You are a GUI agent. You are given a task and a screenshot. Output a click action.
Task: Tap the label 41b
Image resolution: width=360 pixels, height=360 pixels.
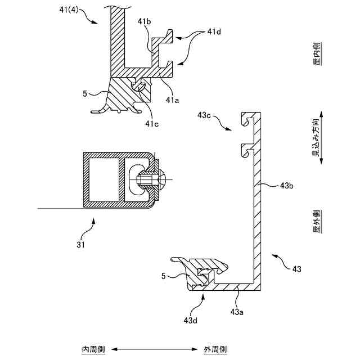pos(145,21)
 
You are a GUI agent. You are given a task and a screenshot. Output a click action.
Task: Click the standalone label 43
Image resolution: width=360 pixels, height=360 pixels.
pos(296,269)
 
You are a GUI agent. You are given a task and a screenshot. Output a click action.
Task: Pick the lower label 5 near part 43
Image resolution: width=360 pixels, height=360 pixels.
pos(164,276)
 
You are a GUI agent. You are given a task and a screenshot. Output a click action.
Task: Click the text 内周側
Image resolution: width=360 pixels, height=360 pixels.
pos(91,349)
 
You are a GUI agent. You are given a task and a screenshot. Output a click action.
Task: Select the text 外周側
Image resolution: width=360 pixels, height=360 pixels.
pos(216,349)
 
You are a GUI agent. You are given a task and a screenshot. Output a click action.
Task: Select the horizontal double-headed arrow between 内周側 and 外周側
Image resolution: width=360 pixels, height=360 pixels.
pos(154,349)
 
